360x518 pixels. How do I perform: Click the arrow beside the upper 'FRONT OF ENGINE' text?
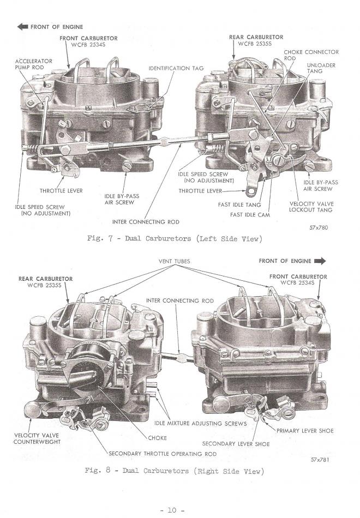(22, 27)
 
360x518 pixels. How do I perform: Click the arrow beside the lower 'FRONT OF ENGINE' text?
(320, 261)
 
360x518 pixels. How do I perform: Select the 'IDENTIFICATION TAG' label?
(176, 68)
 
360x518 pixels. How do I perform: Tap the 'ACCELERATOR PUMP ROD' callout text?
(33, 64)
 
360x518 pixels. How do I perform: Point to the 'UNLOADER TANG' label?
(321, 68)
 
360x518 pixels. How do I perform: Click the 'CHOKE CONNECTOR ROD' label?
(311, 55)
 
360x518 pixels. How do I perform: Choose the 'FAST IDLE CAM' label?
(250, 215)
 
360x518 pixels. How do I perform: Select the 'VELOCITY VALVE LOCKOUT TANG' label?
(311, 207)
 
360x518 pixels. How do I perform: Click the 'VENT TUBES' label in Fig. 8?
(174, 261)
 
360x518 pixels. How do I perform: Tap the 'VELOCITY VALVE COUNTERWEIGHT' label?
(37, 438)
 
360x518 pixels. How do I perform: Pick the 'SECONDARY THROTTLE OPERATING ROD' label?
(163, 454)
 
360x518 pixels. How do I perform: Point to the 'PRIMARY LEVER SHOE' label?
(305, 431)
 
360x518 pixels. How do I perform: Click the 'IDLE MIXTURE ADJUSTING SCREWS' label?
(200, 423)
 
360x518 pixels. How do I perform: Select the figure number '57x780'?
(319, 227)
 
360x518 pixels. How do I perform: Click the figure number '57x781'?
(320, 460)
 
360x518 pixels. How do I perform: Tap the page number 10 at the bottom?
(172, 510)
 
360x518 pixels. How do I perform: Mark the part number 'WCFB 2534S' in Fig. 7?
(88, 45)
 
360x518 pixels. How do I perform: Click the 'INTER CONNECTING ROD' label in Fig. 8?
(180, 300)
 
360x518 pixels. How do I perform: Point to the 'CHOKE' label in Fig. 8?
(157, 438)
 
